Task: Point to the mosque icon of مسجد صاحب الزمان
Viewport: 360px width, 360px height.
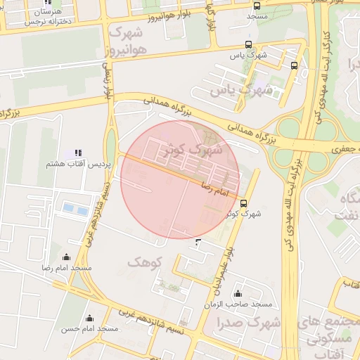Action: pyautogui.click(x=238, y=293)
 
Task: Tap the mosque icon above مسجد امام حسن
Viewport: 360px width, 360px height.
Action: pyautogui.click(x=89, y=318)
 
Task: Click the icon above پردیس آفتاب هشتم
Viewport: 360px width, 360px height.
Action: pyautogui.click(x=78, y=153)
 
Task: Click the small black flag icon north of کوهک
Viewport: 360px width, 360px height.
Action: pyautogui.click(x=197, y=243)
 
